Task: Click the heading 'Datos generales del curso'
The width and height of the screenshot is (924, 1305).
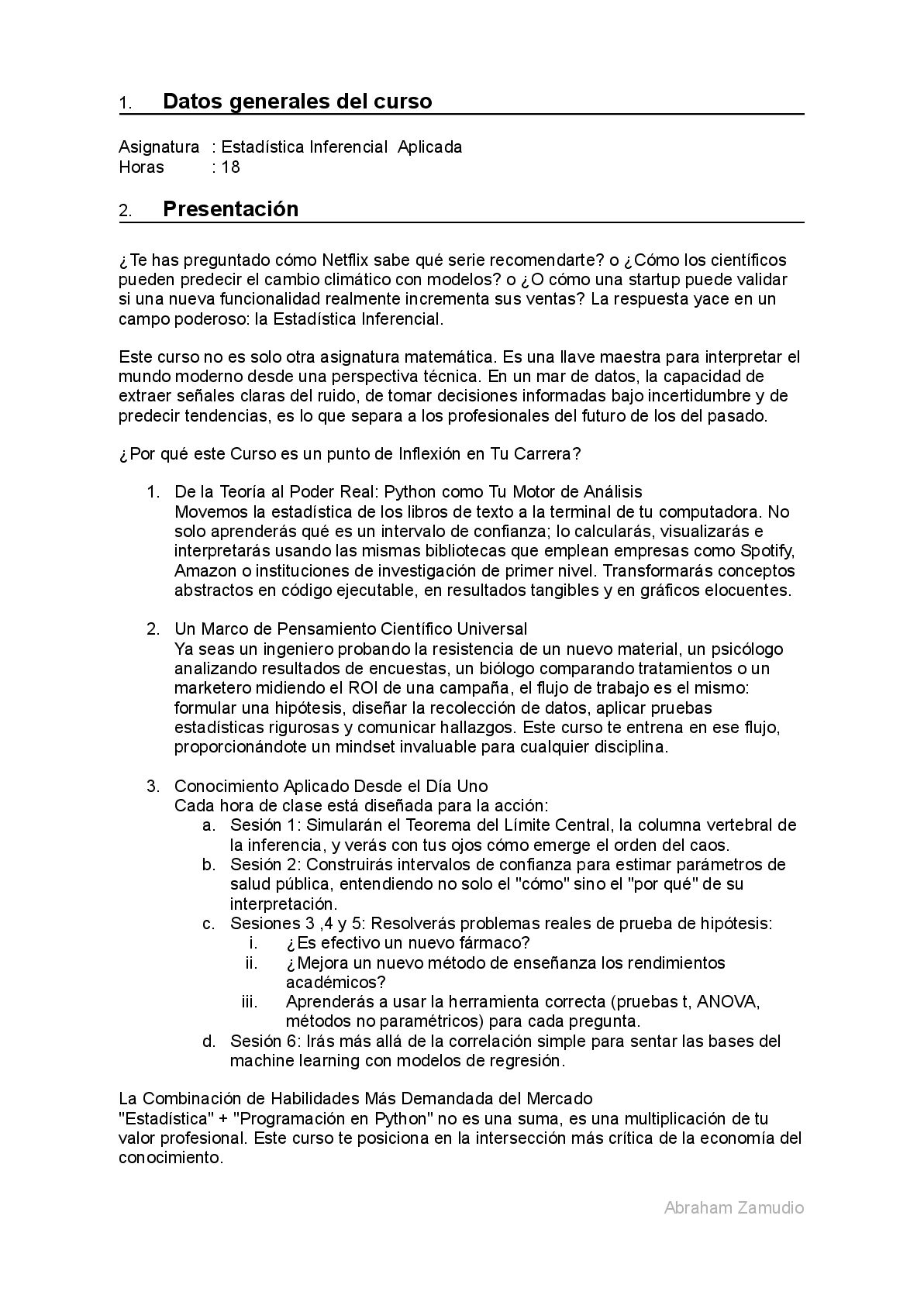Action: [297, 102]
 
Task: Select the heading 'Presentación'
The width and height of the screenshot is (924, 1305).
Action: [230, 209]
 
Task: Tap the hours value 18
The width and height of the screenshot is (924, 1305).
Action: [231, 167]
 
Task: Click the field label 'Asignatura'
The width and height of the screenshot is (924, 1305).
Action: [159, 147]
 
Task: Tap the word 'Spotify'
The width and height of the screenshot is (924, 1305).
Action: [767, 551]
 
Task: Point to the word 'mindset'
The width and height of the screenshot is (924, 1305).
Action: [363, 747]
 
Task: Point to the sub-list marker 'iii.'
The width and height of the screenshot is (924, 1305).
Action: [250, 1001]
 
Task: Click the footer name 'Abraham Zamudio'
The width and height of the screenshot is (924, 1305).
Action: [733, 1207]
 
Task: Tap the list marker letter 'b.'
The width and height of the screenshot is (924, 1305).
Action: [209, 865]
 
